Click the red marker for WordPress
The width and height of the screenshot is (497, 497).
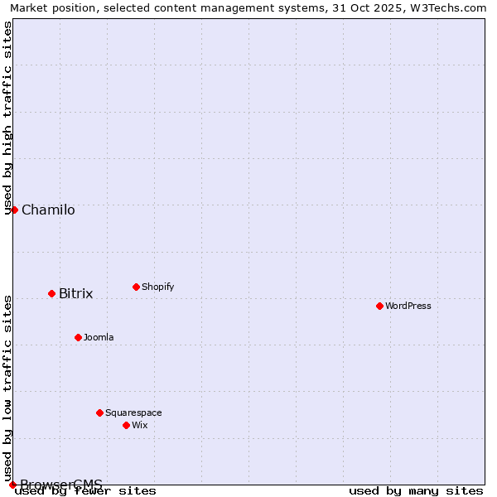pos(379,306)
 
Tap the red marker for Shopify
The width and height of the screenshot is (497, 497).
pos(136,287)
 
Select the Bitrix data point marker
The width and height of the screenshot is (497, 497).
pos(51,293)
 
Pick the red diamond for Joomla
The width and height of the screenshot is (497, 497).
pos(78,337)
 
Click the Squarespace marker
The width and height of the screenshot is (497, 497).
pos(99,413)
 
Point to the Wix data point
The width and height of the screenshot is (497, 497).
pos(126,425)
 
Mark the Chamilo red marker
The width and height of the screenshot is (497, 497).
pos(14,210)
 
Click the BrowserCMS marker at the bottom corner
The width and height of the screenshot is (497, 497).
pos(12,485)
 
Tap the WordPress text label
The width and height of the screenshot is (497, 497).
pos(408,306)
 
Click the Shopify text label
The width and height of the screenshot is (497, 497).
pos(158,287)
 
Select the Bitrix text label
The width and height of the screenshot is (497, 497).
pos(76,294)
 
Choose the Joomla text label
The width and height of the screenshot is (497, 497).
pos(99,337)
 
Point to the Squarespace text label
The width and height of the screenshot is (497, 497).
pos(133,413)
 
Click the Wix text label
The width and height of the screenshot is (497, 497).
pos(140,425)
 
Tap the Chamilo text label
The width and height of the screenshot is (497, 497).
pos(48,210)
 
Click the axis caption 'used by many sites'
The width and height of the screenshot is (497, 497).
pos(416,490)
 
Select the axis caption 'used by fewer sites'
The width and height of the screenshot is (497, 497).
pos(86,490)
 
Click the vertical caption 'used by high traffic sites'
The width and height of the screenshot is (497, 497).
pos(8,118)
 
